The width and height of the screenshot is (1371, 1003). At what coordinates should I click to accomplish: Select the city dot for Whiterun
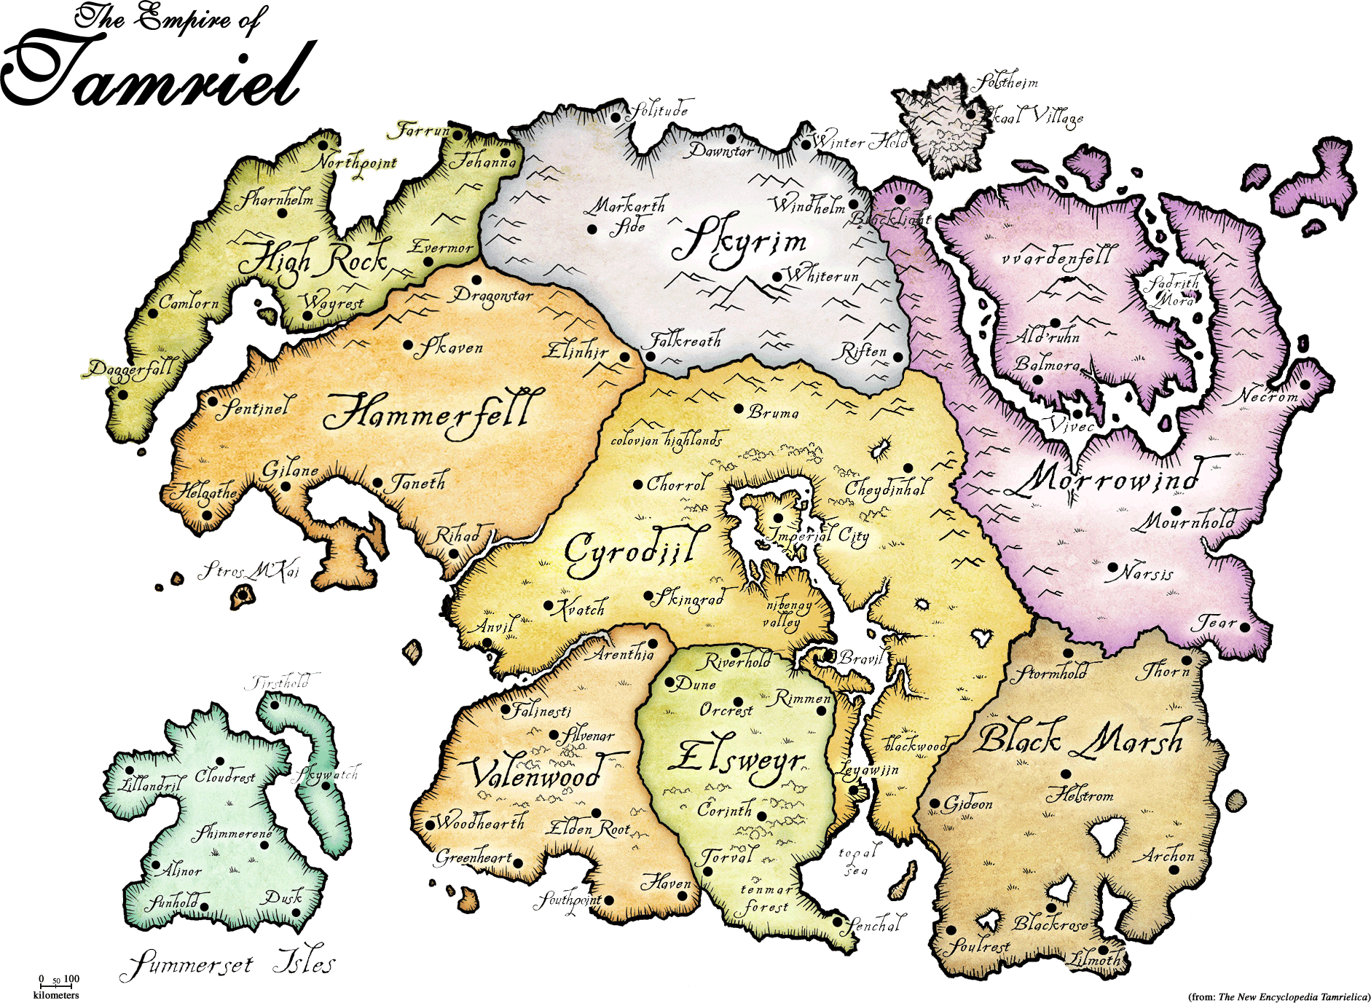(x=777, y=278)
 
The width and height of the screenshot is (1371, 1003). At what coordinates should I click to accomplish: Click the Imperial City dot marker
(x=778, y=519)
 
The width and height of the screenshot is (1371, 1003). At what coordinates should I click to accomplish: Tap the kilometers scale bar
(x=56, y=986)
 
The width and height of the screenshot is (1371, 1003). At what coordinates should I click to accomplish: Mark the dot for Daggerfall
(x=123, y=395)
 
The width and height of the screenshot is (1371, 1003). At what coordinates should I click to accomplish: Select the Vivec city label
(x=1071, y=425)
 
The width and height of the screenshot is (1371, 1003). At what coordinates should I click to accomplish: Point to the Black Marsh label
(x=1082, y=739)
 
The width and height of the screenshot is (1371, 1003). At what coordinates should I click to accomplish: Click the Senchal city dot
(x=838, y=921)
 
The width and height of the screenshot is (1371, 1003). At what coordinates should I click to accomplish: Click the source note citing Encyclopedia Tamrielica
(x=1278, y=996)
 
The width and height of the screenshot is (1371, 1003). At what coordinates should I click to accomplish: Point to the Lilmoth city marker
(x=1104, y=950)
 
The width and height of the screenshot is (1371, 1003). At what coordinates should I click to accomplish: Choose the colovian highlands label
(x=667, y=439)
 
